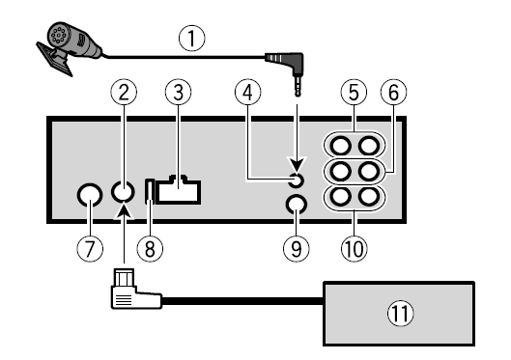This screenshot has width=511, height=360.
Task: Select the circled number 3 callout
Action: coord(174,93)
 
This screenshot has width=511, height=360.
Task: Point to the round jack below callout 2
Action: coord(123,192)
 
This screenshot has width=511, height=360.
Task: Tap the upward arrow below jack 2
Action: coord(124,225)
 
